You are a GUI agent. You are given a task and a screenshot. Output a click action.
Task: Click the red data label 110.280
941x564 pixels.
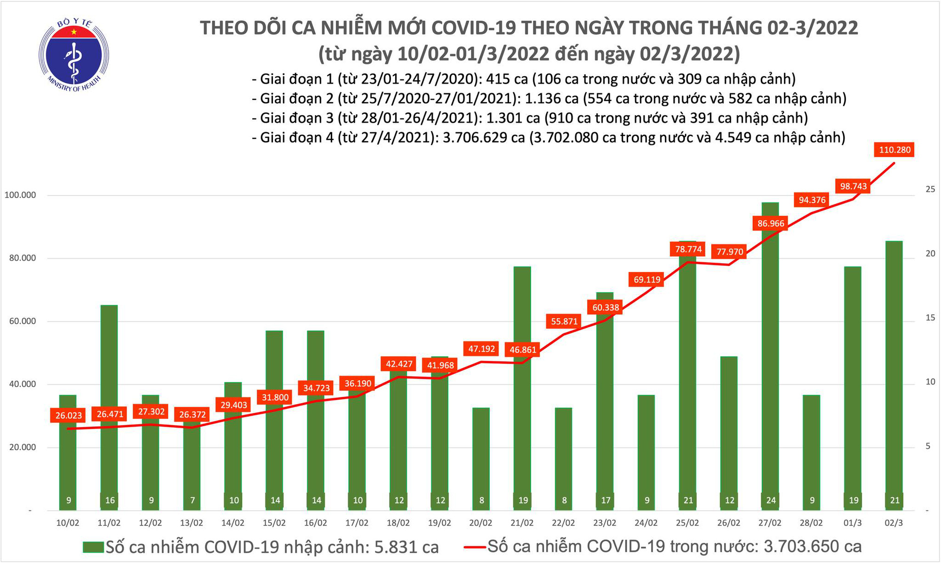pos(893,151)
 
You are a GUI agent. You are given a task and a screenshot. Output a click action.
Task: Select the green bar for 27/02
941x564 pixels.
pos(770,357)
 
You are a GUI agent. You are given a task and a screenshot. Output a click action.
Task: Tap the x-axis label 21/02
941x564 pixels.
pos(522,523)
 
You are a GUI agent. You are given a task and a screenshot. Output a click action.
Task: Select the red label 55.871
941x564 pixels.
pos(564,322)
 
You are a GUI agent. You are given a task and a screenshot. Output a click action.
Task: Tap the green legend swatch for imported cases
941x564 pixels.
pos(93,547)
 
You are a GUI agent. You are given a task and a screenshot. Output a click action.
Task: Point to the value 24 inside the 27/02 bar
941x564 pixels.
pos(771,500)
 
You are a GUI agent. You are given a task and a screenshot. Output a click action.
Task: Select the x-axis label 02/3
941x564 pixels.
pos(894,523)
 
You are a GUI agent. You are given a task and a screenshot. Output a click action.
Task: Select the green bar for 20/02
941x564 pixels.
pos(481,459)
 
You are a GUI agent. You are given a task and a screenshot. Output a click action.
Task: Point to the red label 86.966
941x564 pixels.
pos(771,223)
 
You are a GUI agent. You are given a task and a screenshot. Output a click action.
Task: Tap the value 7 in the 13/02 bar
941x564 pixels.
pos(192,500)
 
